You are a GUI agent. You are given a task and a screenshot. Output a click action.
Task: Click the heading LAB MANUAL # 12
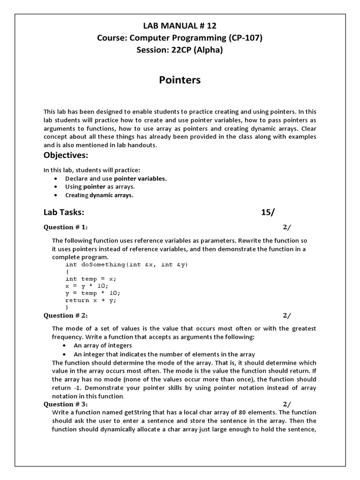(180, 26)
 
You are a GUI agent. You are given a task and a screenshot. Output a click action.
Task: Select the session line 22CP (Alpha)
(180, 50)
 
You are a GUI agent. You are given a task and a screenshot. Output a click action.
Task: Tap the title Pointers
(180, 80)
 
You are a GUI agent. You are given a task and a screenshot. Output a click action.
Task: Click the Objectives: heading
(66, 155)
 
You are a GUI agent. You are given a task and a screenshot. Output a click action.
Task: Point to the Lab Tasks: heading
(64, 212)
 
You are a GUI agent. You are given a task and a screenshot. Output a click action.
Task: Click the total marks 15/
(268, 212)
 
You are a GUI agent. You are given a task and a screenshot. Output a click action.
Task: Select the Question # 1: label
(66, 227)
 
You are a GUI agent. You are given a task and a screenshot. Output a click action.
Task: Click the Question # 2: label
(66, 315)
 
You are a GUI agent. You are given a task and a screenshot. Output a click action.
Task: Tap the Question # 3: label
(66, 404)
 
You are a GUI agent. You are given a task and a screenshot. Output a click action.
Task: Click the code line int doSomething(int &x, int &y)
(127, 265)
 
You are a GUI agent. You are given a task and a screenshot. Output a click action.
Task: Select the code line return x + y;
(91, 300)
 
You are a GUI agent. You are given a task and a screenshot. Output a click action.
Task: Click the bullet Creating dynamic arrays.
(99, 195)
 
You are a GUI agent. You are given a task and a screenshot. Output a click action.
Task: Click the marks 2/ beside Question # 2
(286, 315)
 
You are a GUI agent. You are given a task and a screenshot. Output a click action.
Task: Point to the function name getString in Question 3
(136, 412)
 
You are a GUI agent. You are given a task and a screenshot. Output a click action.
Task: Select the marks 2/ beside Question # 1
(286, 227)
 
